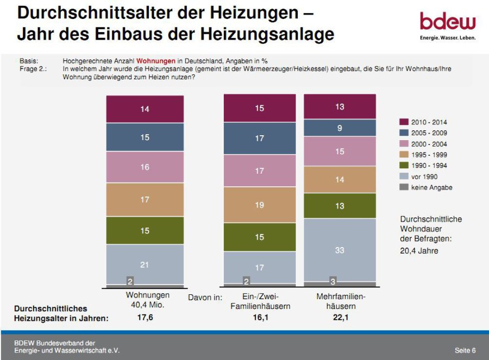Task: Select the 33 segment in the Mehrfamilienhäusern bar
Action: pos(340,250)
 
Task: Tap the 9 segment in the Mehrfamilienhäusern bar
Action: pos(340,128)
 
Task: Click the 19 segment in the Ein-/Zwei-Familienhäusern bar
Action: pos(260,205)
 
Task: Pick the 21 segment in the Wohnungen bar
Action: pos(145,264)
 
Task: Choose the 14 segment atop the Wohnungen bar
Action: pos(145,109)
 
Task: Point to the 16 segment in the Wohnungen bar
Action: pos(145,167)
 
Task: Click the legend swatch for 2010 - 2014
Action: pos(404,122)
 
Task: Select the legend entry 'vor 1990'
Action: pos(424,176)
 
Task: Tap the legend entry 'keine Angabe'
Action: pos(431,187)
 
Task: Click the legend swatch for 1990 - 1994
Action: pos(404,166)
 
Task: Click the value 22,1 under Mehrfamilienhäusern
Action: pos(340,318)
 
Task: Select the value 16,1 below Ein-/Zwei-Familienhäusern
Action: pos(260,318)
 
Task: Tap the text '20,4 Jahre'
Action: pos(419,251)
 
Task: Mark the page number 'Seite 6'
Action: pos(465,350)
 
